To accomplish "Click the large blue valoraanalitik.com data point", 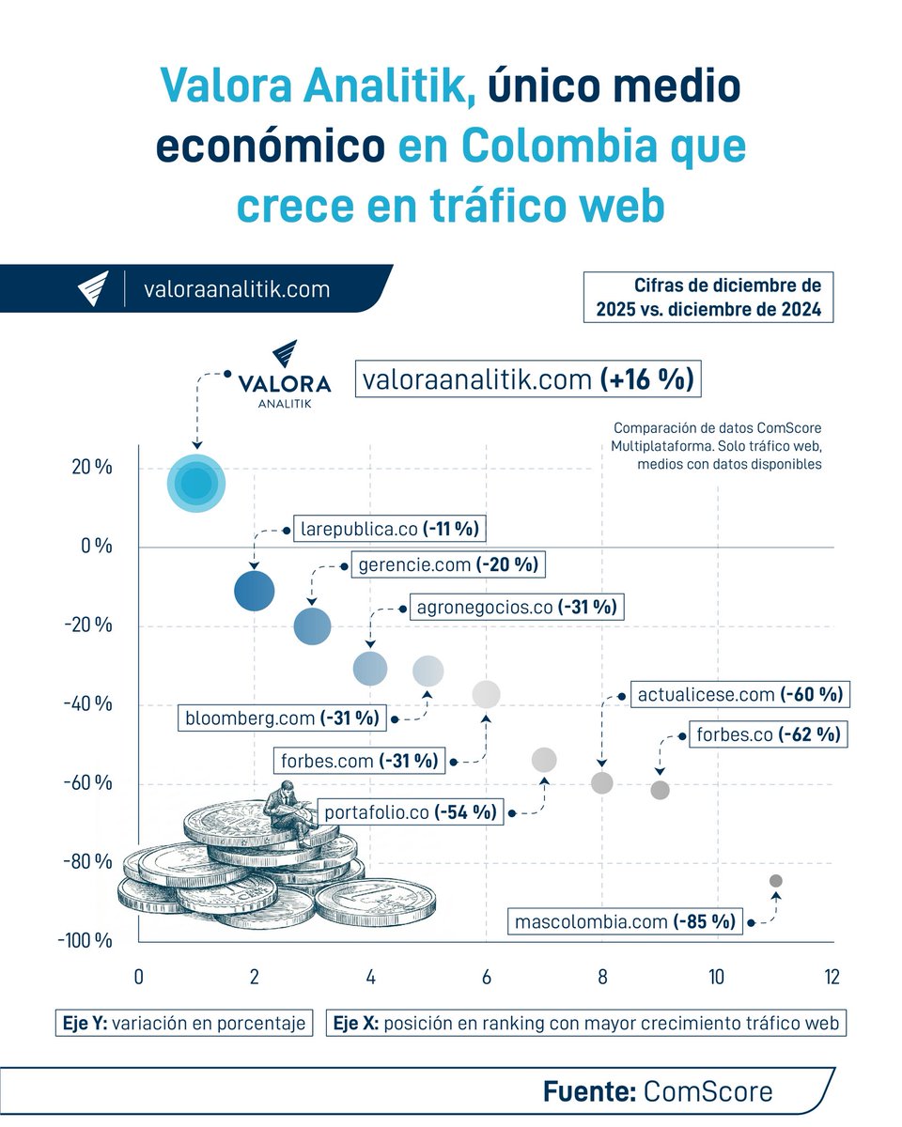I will [x=197, y=483].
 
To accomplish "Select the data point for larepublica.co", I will [x=254, y=591].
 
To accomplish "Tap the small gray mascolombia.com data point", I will [x=775, y=880].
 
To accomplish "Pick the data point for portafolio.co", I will [x=544, y=760].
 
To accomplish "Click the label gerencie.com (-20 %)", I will [x=447, y=565].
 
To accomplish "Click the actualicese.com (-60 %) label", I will [x=739, y=695].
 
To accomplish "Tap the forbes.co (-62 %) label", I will [x=767, y=734].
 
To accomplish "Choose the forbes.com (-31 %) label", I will [x=358, y=760].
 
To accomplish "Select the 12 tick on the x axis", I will [x=832, y=977].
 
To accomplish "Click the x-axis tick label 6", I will [x=486, y=977].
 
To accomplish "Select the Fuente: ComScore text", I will [x=658, y=1091].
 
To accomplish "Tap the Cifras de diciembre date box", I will [x=708, y=298].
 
